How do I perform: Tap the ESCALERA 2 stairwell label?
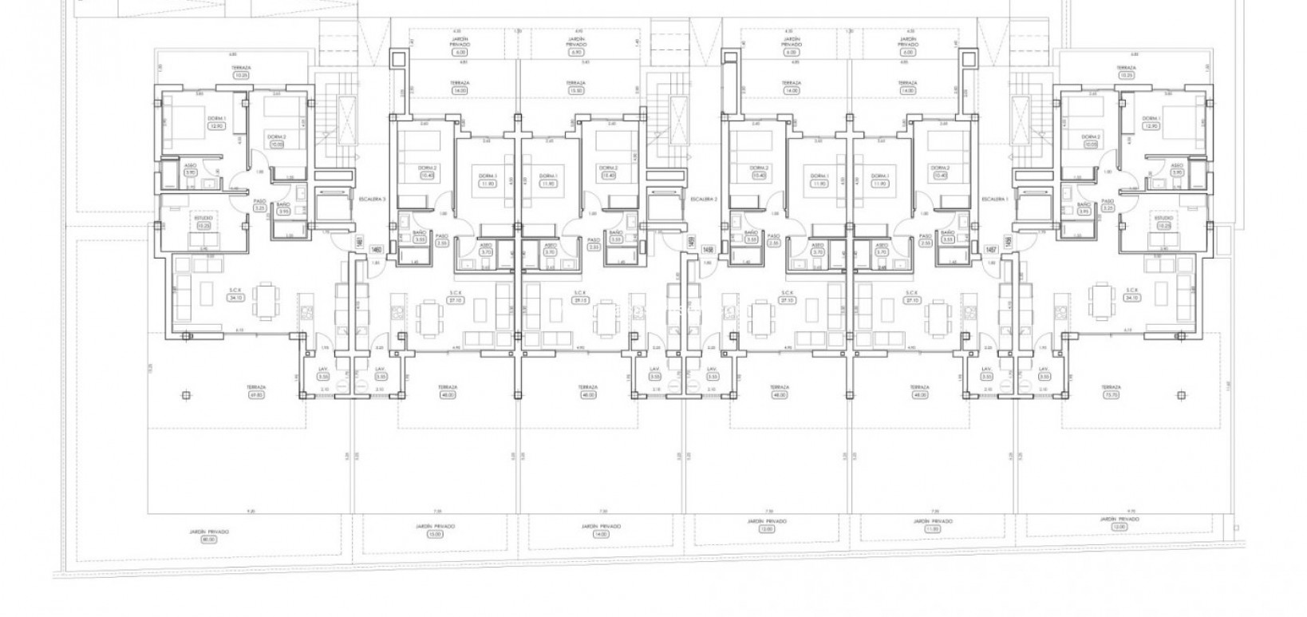pos(702,198)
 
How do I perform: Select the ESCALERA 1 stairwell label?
pos(993,198)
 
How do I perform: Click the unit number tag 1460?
pos(374,251)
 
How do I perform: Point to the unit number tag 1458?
pos(707,251)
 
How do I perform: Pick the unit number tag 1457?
pos(991,251)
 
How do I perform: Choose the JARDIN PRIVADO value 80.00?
pos(209,539)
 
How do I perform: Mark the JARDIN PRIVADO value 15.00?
pos(435,534)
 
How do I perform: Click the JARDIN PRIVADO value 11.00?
pos(932,528)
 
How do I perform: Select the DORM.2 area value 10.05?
pos(276,145)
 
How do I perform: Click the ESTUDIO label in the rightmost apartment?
pos(1164,217)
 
